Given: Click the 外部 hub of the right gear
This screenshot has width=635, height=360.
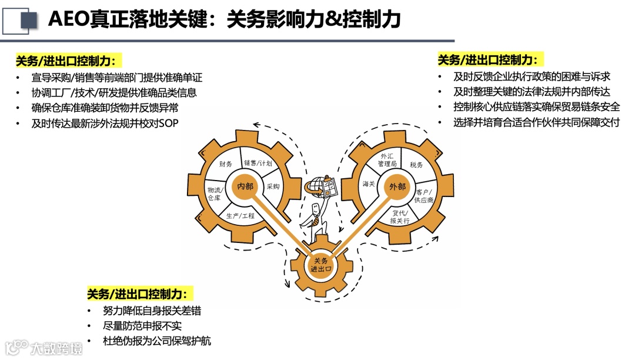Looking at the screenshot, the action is pyautogui.click(x=397, y=186).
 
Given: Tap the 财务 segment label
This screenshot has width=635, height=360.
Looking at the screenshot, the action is pyautogui.click(x=226, y=164).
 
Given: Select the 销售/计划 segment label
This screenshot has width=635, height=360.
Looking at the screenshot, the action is pyautogui.click(x=258, y=162).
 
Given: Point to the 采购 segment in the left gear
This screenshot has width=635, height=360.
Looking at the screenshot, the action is pyautogui.click(x=273, y=186).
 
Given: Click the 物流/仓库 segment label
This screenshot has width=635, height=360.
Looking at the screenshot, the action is pyautogui.click(x=213, y=194).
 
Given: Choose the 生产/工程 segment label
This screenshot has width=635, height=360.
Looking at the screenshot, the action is pyautogui.click(x=240, y=216).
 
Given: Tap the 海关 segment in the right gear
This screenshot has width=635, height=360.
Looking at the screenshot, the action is pyautogui.click(x=369, y=184).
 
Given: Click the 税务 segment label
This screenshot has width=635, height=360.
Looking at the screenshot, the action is pyautogui.click(x=416, y=165).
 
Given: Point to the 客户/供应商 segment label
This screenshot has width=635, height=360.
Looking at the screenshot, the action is pyautogui.click(x=423, y=196).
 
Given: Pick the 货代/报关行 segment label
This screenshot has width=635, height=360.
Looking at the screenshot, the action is pyautogui.click(x=399, y=217).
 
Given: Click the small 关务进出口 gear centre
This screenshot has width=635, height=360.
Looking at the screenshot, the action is pyautogui.click(x=321, y=265).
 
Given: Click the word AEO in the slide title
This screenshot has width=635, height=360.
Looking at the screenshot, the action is pyautogui.click(x=69, y=20).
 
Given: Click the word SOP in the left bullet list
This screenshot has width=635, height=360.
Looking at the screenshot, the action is pyautogui.click(x=168, y=124).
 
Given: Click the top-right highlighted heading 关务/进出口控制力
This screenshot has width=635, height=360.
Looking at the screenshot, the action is pyautogui.click(x=487, y=60).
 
